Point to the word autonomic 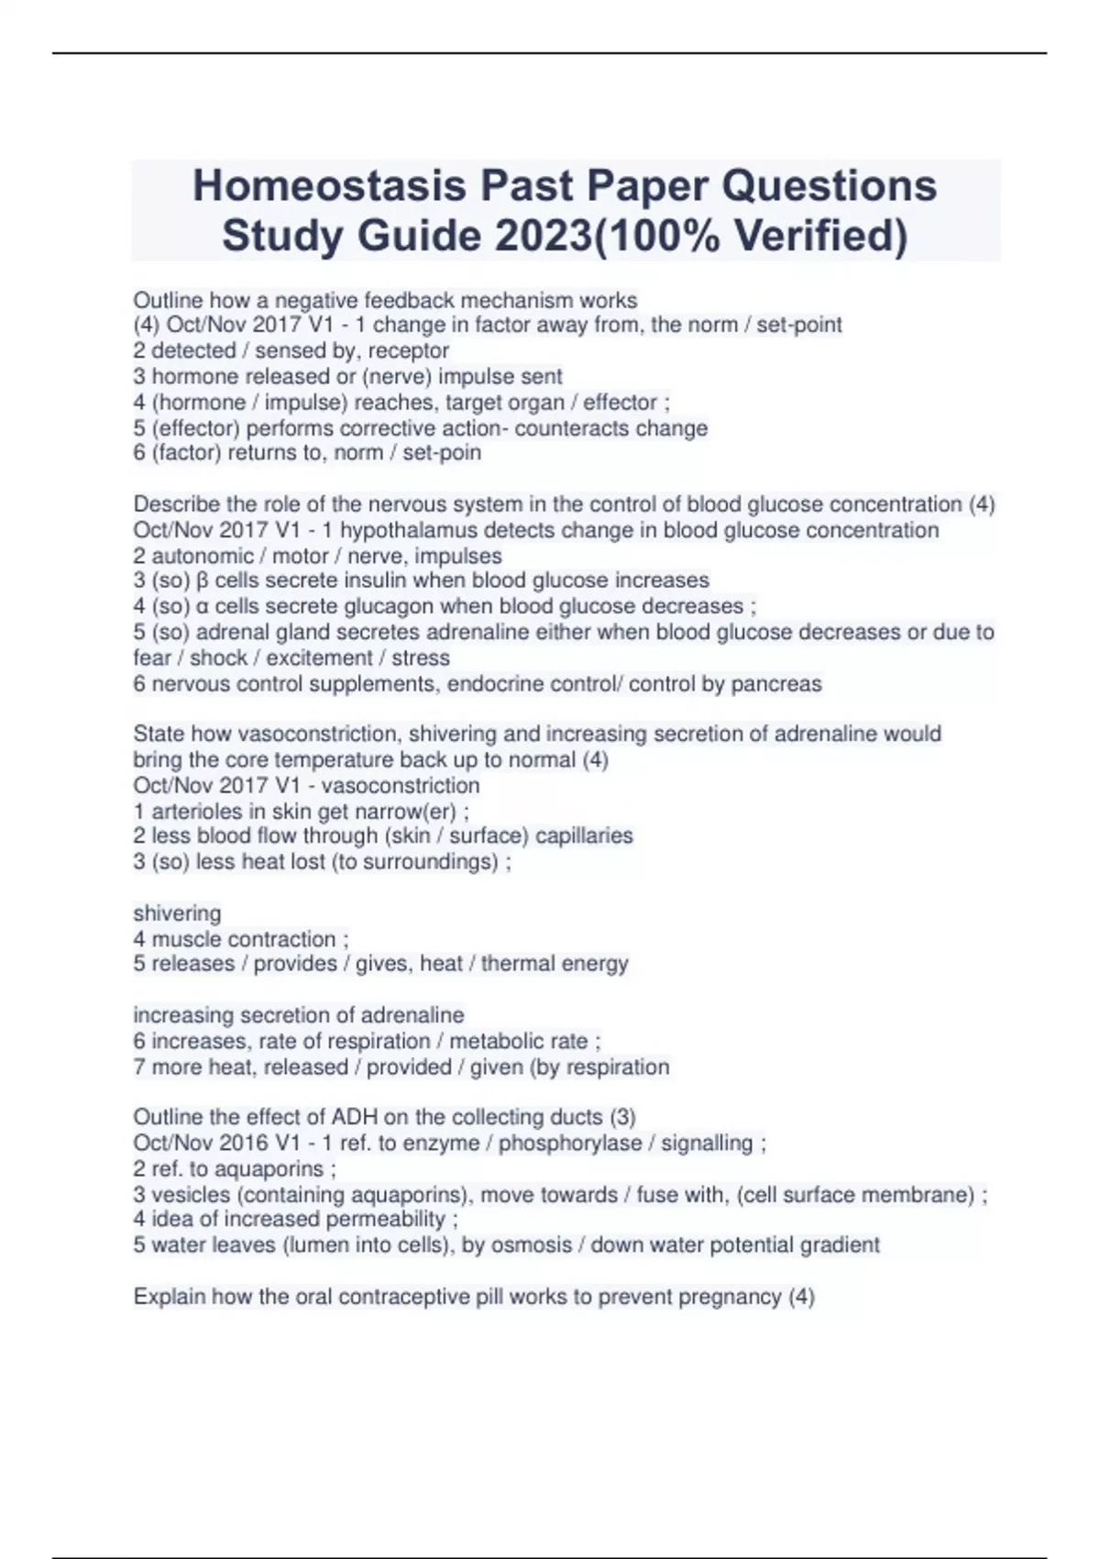tap(190, 556)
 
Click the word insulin tap(376, 580)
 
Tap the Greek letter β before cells tap(203, 581)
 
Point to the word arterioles tap(193, 812)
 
